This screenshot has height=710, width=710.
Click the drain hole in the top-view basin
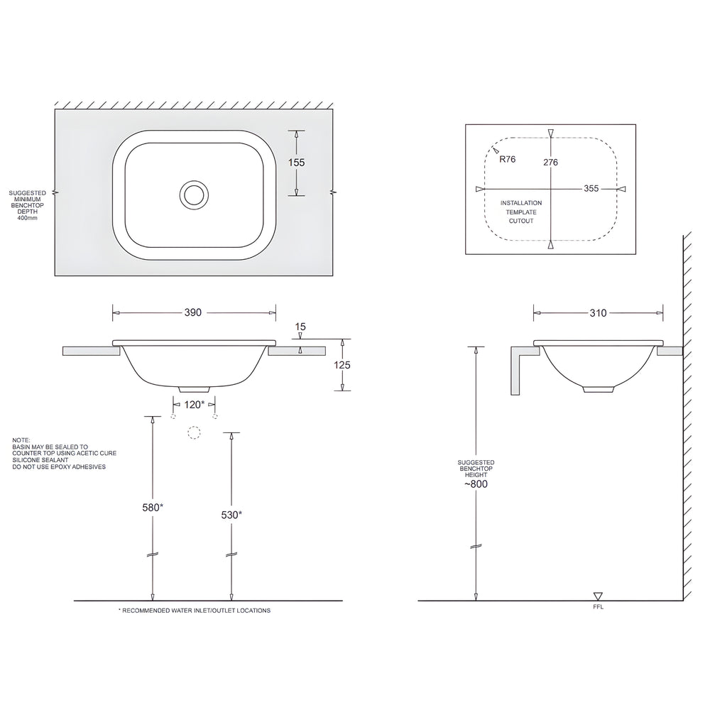(x=194, y=194)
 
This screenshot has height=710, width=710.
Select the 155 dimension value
(x=296, y=163)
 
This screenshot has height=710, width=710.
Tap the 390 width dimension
(x=194, y=312)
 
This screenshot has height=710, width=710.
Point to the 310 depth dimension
(x=598, y=312)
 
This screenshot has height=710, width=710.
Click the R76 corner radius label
(x=508, y=160)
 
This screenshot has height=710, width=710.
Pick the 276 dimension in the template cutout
(x=550, y=163)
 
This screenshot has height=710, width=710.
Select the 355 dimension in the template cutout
(x=591, y=189)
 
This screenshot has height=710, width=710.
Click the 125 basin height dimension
(x=344, y=364)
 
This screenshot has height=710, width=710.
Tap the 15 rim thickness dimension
(x=300, y=327)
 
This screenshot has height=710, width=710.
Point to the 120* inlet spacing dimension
(x=195, y=404)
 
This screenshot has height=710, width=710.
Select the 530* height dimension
(x=231, y=514)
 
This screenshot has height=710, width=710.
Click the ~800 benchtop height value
(x=476, y=484)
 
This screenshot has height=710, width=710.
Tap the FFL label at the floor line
(x=598, y=608)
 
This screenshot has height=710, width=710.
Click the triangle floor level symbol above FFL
(x=598, y=596)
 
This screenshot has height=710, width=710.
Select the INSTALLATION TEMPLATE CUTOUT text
(x=521, y=212)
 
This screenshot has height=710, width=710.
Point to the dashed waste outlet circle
(x=194, y=432)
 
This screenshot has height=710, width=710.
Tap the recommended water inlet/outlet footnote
(x=194, y=611)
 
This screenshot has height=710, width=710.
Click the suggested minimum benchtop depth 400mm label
(x=28, y=205)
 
